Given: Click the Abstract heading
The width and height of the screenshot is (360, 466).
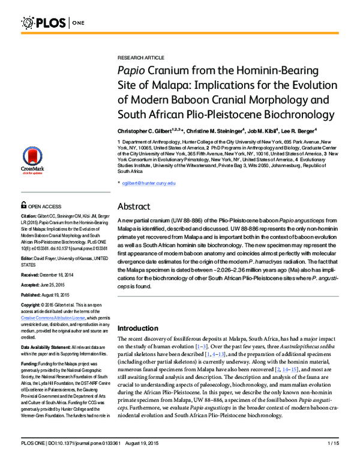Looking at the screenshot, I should [x=137, y=205].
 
